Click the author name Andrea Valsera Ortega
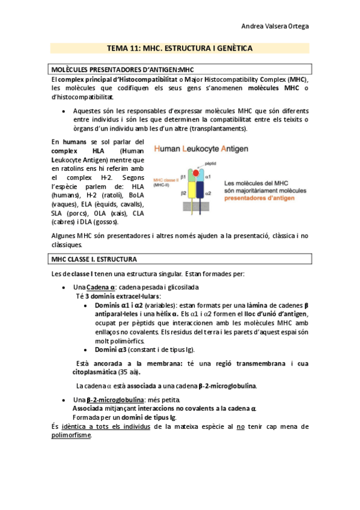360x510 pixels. click(275, 26)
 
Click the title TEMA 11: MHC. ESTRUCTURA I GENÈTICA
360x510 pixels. click(180, 48)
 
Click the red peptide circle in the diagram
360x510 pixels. click(196, 174)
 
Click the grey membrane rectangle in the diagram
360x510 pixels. click(195, 207)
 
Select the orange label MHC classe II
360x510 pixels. click(166, 180)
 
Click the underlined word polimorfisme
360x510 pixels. click(72, 435)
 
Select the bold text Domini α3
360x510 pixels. click(114, 349)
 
